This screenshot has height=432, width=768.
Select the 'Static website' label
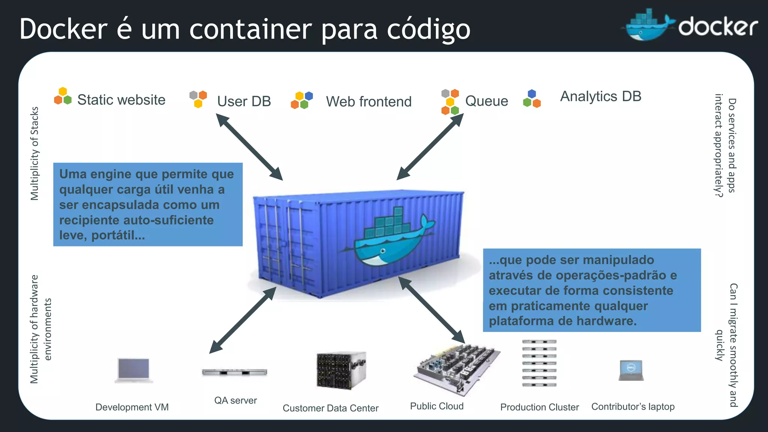(121, 100)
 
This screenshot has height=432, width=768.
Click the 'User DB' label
(244, 101)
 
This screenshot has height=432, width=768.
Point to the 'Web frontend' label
(369, 102)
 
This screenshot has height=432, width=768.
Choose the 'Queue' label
(486, 101)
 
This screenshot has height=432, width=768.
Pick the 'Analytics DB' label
(600, 96)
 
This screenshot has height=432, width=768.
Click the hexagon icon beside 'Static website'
(63, 96)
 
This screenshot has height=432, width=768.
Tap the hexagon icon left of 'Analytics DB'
(532, 99)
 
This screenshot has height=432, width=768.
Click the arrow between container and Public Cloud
(431, 310)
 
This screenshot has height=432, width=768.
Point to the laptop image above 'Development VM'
(133, 370)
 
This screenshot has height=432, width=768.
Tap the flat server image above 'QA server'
(234, 372)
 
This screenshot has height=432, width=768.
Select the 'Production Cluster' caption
(539, 407)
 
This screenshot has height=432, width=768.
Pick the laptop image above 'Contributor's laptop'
(631, 370)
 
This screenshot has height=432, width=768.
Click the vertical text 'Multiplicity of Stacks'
(34, 154)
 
